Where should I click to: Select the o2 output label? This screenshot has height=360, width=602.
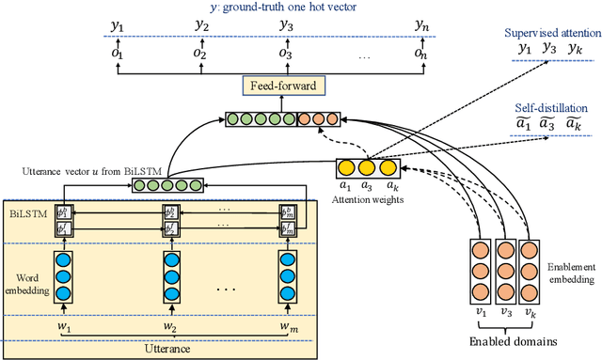click(200, 55)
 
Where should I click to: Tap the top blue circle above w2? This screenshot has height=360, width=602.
click(170, 259)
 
